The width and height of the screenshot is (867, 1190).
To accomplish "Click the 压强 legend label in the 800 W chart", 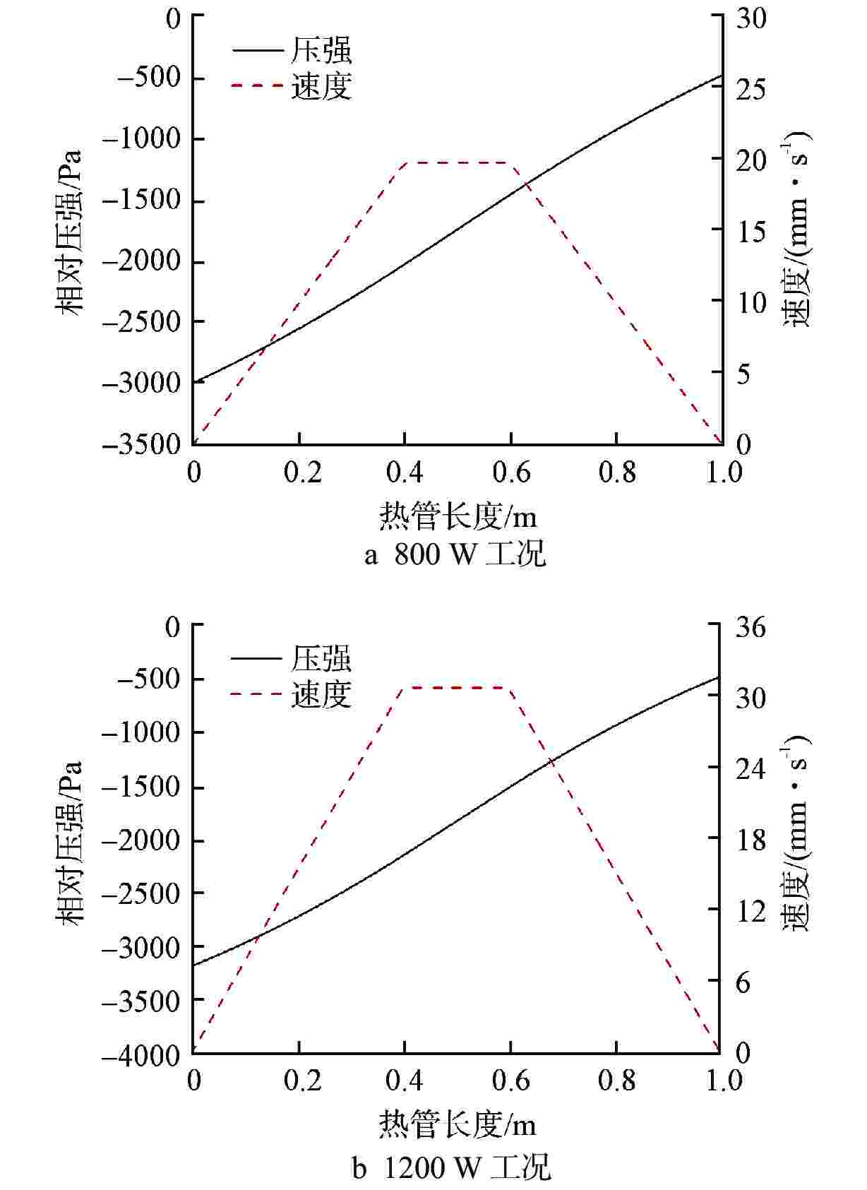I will point(321,51).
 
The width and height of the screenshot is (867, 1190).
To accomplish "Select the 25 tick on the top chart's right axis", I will point(751,88).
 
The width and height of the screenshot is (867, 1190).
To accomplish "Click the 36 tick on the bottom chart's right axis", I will point(751,626).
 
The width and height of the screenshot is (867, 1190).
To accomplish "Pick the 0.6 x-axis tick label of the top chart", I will point(510,472).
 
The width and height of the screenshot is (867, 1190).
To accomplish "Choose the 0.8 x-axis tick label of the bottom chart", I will point(616,1081).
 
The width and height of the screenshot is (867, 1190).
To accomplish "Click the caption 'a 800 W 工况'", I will point(455,555).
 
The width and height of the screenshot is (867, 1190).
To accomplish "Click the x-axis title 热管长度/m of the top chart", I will point(458,516).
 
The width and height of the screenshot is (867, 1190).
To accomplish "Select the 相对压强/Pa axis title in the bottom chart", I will point(71,842).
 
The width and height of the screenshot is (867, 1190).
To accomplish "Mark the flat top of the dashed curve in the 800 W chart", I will point(458,162).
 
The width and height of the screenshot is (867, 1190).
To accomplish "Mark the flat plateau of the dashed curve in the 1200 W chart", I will point(458,687).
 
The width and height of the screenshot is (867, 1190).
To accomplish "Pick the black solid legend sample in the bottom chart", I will point(256,660).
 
